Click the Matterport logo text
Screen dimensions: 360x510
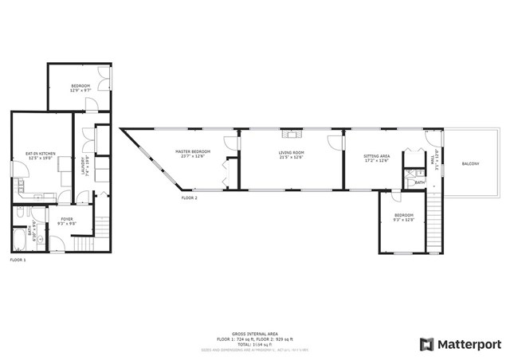pos(471,344)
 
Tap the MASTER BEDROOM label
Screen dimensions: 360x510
pos(193,151)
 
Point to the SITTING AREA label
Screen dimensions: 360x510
pos(376,156)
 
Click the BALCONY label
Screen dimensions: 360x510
pos(471,164)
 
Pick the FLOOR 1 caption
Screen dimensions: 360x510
pos(18,260)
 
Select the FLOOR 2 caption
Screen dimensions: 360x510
pos(190,198)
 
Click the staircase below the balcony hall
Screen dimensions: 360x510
pos(434,223)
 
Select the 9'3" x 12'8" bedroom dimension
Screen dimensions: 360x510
pos(405,219)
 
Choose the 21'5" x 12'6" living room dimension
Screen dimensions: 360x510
pos(292,156)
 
